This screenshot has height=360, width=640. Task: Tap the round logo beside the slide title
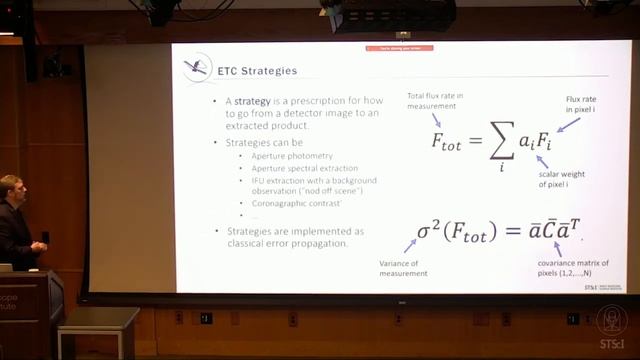(197, 68)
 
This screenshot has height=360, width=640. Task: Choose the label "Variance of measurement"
(403, 267)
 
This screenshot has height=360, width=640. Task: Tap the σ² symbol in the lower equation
(431, 231)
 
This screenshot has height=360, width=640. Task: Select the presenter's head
(11, 189)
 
